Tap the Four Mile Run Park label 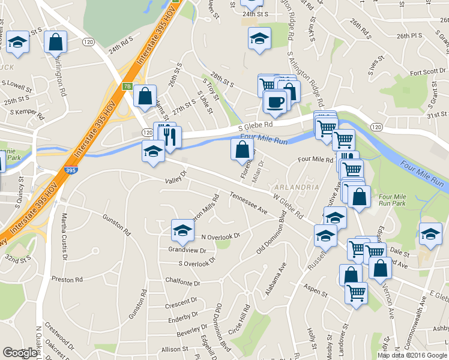point(394,200)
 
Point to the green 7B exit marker point(127,86)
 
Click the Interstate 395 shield point(71,171)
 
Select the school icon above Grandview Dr point(182,230)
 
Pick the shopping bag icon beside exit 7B point(145,95)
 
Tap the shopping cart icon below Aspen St point(356,293)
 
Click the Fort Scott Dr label point(428,72)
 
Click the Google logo point(20,353)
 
